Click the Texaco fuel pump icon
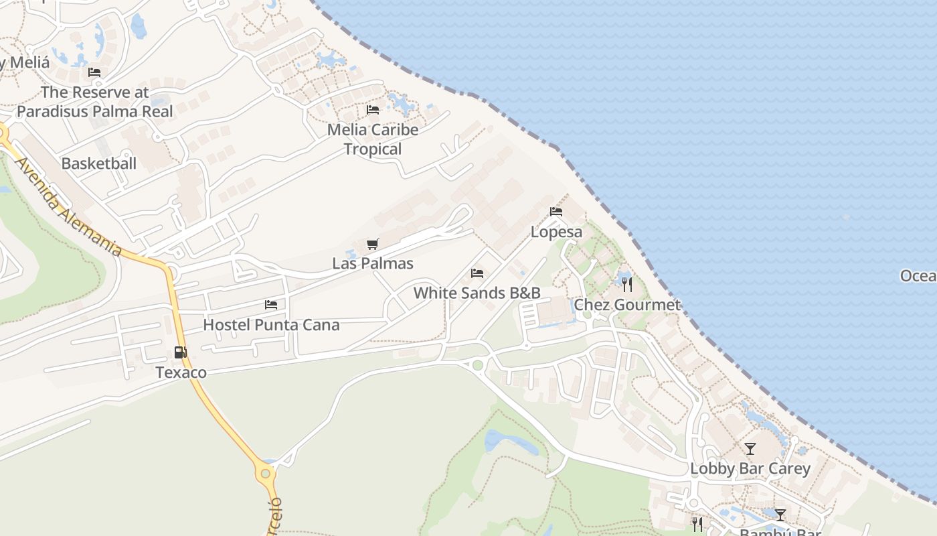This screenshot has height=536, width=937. point(180,352)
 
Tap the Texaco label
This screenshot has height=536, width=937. point(181,373)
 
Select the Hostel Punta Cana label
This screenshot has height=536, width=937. point(271,325)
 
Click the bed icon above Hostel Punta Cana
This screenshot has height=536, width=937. point(271,305)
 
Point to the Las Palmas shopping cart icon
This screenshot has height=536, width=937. point(373,245)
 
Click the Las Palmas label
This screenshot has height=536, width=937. point(373,263)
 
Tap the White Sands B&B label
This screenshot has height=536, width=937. point(477,293)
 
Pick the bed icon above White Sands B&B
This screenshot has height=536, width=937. point(477,273)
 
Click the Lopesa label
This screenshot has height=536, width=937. point(556,232)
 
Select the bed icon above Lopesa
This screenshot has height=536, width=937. point(556,212)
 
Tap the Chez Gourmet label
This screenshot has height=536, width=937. point(627,305)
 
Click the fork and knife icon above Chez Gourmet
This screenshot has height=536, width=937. point(627,285)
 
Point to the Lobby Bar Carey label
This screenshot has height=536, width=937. point(750,468)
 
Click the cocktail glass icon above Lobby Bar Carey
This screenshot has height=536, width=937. point(750,448)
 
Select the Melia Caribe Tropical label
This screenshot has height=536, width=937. point(373,139)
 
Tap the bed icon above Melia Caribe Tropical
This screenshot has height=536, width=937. point(373,110)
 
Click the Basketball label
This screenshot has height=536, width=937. point(98,163)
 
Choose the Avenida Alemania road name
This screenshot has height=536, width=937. point(69,208)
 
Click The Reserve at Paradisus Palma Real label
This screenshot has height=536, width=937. point(94,102)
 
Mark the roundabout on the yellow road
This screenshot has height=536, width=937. point(266,474)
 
